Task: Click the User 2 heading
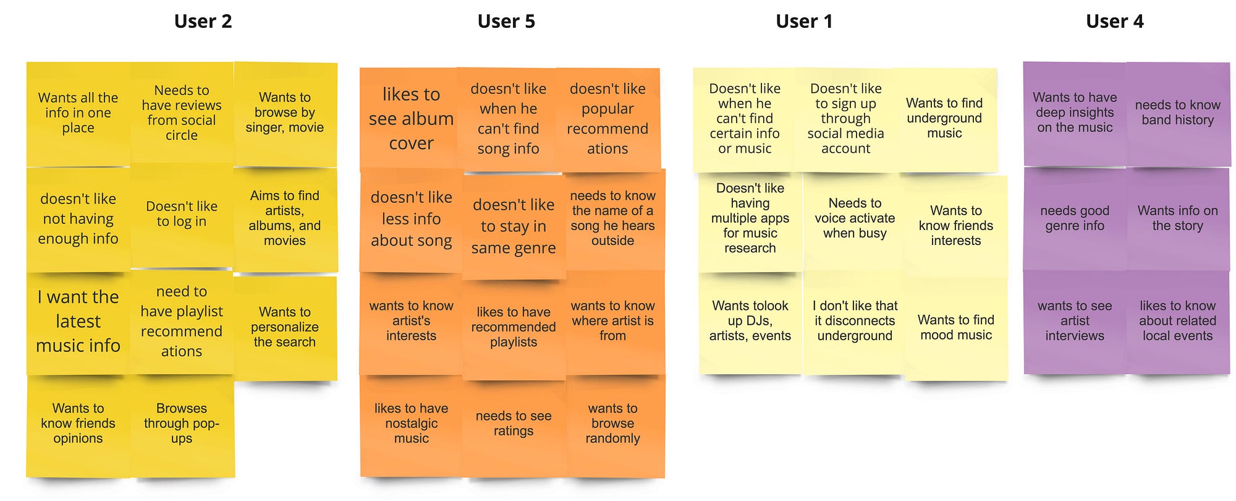203,22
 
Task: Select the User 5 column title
506,22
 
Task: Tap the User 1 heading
804,22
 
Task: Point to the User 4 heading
1114,22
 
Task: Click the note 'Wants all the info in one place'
78,113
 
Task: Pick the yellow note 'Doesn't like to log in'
182,214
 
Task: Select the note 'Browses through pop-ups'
182,424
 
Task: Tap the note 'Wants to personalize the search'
285,327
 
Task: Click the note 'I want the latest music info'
78,322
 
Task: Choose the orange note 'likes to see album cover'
411,119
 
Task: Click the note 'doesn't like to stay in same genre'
514,226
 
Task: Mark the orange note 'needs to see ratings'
514,424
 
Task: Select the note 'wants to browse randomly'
612,424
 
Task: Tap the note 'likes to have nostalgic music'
411,424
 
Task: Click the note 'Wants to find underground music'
944,118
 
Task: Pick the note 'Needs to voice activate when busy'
855,218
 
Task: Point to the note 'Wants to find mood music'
955,328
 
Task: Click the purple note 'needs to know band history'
1177,113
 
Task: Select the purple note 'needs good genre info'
1075,218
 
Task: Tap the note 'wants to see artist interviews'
1075,321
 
